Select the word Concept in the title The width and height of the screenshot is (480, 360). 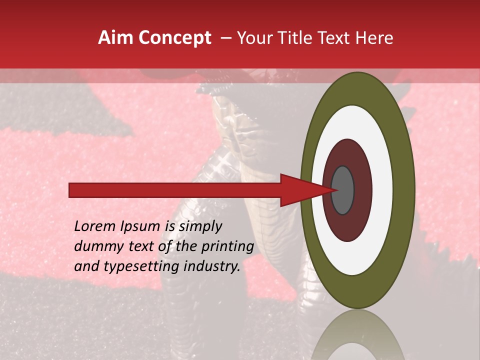[x=174, y=38]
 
